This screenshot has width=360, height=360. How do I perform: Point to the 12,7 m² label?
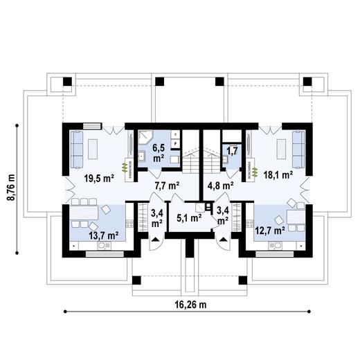[x=270, y=229]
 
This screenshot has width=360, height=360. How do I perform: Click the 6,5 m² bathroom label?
[x=158, y=152]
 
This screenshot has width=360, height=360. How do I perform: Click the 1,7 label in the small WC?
[x=232, y=149]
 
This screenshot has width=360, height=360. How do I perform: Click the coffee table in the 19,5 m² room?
[x=98, y=147]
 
